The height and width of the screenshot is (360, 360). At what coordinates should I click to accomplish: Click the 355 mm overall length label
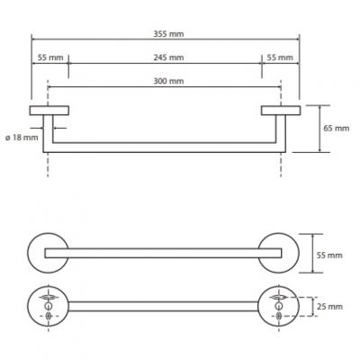click(168, 34)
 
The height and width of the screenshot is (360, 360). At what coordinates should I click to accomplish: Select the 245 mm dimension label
click(168, 58)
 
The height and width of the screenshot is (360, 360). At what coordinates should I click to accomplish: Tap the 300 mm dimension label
click(168, 81)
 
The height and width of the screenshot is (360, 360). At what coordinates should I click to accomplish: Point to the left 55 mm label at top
click(50, 58)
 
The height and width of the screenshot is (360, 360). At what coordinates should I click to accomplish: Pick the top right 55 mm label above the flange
click(280, 58)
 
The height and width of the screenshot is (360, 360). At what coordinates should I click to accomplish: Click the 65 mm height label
click(337, 129)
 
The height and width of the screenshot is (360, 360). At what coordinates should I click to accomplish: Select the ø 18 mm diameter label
click(22, 138)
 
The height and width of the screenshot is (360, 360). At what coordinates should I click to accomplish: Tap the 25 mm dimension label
click(329, 307)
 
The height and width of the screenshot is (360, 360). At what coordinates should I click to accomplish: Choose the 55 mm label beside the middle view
click(329, 256)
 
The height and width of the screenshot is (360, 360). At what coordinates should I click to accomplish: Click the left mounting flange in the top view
click(49, 111)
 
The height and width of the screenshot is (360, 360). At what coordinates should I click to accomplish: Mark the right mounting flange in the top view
click(281, 111)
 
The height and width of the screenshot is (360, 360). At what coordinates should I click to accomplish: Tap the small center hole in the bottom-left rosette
click(48, 306)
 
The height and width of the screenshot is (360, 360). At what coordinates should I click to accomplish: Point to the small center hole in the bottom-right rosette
click(279, 306)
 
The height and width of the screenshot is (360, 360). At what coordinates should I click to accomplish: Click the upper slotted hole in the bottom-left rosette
click(48, 297)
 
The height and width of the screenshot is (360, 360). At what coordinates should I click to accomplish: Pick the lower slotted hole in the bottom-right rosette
click(279, 316)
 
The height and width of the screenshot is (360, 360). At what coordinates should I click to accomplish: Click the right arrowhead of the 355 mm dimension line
click(297, 40)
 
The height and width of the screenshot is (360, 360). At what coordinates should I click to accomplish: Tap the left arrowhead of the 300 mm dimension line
click(50, 87)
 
